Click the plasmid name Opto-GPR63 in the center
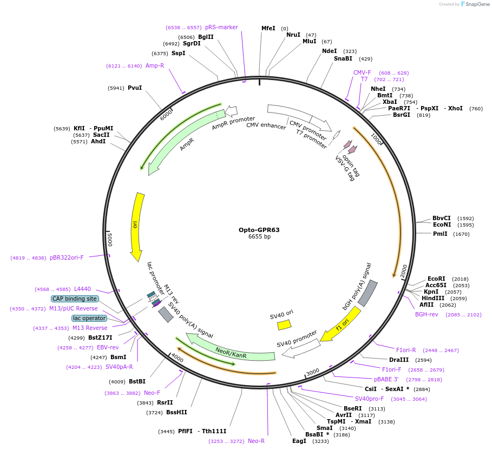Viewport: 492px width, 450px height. coord(259,230)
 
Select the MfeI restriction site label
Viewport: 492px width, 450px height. coord(268,28)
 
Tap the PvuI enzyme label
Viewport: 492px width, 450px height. coord(135,88)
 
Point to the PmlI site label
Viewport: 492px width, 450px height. coord(440,234)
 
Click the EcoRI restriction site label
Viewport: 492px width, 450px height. coord(436,279)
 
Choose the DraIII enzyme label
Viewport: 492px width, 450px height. coord(398,360)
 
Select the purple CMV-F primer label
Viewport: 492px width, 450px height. coord(362,72)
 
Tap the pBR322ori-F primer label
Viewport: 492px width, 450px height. coord(67,258)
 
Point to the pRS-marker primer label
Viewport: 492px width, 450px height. coord(221,27)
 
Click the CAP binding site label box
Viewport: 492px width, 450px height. coord(75,299)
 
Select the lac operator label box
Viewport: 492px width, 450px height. coord(89,318)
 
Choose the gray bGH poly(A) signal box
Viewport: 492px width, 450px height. coord(368,293)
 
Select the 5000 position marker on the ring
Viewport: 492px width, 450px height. coord(109,237)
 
